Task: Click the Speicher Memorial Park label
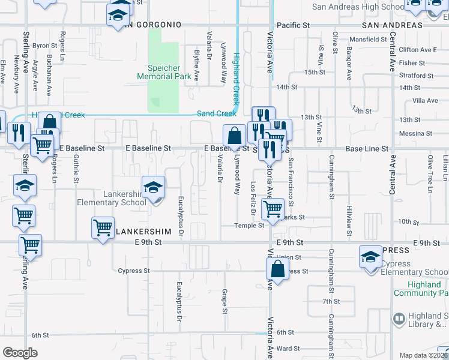pyautogui.click(x=163, y=72)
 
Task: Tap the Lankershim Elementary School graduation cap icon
pyautogui.click(x=153, y=188)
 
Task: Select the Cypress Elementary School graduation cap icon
pyautogui.click(x=370, y=257)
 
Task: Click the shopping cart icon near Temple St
pyautogui.click(x=273, y=209)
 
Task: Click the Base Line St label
pyautogui.click(x=367, y=148)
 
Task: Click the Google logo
pyautogui.click(x=20, y=353)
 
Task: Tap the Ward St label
pyautogui.click(x=288, y=348)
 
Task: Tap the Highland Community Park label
pyautogui.click(x=421, y=289)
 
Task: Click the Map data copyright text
pyautogui.click(x=424, y=355)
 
